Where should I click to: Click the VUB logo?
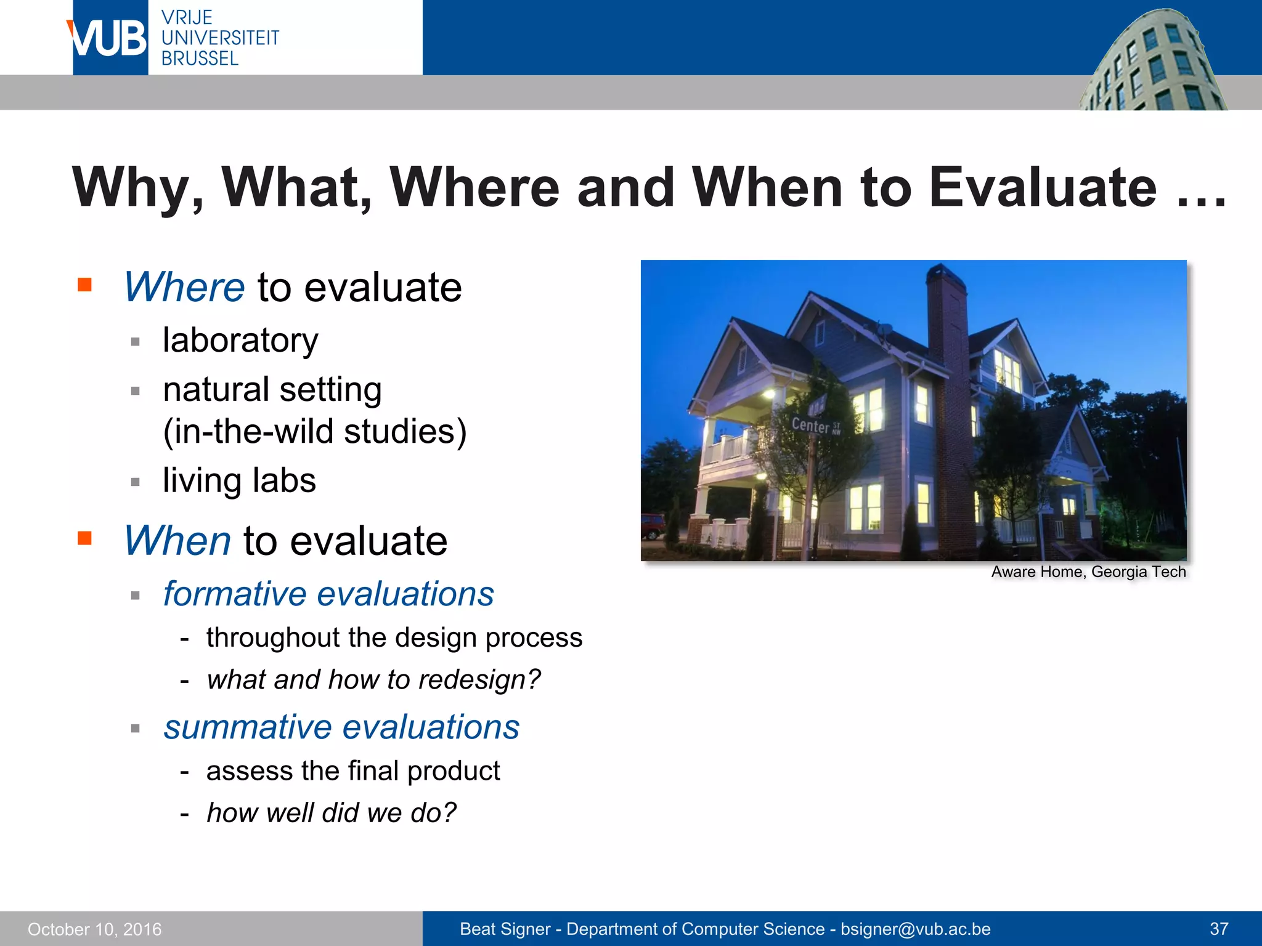110,38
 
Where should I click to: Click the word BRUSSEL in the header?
200,59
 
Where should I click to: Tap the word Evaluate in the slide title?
1043,187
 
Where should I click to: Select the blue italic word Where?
184,288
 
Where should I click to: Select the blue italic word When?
177,541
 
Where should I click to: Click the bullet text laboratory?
240,341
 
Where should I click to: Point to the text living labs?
239,481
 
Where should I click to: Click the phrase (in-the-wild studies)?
314,432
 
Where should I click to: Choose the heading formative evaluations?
328,594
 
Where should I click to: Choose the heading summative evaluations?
341,727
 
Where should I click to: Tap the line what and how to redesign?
373,680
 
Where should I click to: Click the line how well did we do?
332,813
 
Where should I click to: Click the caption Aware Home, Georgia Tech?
1088,572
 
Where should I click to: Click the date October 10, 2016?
95,929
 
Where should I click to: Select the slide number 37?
1219,929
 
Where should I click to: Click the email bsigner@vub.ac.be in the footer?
915,929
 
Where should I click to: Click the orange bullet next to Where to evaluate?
84,285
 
